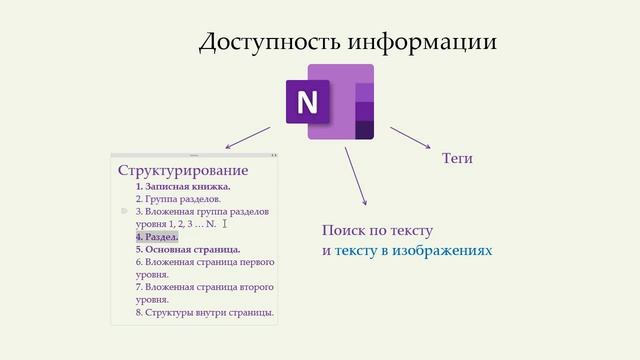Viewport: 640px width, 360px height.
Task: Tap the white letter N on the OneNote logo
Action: click(x=307, y=102)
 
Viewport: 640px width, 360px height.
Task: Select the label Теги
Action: click(x=457, y=159)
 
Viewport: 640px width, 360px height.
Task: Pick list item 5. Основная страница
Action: click(x=188, y=250)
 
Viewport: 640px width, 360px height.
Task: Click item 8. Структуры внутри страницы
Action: click(x=205, y=313)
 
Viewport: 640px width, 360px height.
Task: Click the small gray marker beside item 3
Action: click(x=124, y=212)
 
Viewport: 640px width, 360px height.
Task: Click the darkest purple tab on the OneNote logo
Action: click(x=365, y=130)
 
